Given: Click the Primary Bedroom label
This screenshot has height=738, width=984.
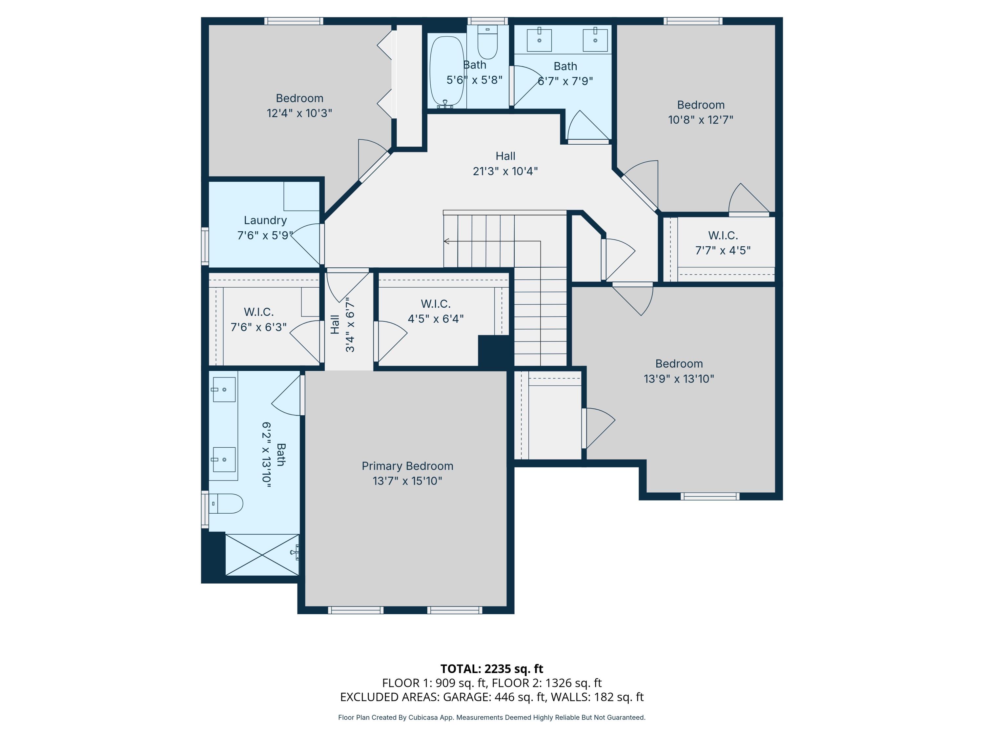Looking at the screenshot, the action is click(x=407, y=466).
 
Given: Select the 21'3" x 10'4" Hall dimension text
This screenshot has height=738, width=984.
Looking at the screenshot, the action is click(x=505, y=171).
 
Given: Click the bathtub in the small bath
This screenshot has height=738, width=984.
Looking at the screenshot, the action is click(x=447, y=72).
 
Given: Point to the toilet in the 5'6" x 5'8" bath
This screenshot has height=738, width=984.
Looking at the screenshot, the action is click(x=487, y=42).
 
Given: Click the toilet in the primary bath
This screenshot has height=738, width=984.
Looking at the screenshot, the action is click(x=226, y=503).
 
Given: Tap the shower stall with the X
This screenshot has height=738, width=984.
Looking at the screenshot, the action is click(x=262, y=555).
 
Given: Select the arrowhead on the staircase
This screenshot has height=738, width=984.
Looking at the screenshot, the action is click(x=447, y=241).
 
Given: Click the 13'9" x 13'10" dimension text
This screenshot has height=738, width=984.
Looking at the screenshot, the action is click(x=679, y=379).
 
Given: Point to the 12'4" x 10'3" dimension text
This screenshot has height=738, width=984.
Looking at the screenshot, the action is click(x=299, y=113).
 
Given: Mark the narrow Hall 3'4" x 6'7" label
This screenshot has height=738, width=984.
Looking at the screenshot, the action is click(x=342, y=325).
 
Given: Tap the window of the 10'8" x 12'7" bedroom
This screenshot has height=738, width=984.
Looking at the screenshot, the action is click(x=693, y=21).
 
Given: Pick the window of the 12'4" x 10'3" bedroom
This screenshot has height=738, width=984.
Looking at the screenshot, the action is click(x=294, y=21).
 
